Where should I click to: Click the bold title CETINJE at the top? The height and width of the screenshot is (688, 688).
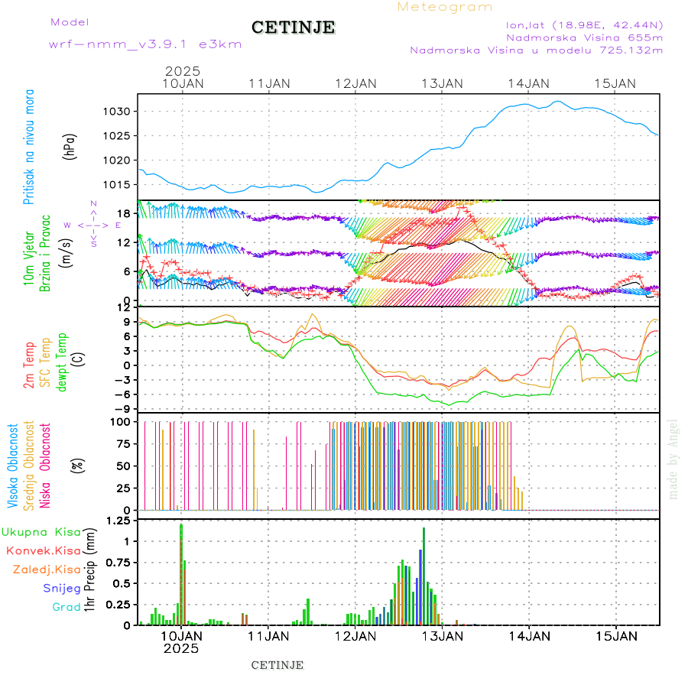[x=293, y=28]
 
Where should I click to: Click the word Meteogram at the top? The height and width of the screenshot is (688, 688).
[x=445, y=7]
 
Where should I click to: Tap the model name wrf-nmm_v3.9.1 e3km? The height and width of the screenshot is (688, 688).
[x=145, y=44]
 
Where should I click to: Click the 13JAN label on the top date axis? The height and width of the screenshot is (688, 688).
[x=442, y=83]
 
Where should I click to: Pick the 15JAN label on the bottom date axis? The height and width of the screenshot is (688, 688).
[x=616, y=635]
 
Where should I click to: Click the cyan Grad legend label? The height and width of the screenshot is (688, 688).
[x=66, y=607]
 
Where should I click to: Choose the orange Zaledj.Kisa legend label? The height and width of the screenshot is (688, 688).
[x=47, y=569]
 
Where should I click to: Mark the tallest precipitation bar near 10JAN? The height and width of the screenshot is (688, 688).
[x=181, y=573]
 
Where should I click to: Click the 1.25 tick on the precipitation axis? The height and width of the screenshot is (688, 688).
[x=118, y=521]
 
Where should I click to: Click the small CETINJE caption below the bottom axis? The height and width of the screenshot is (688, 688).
[x=277, y=665]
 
